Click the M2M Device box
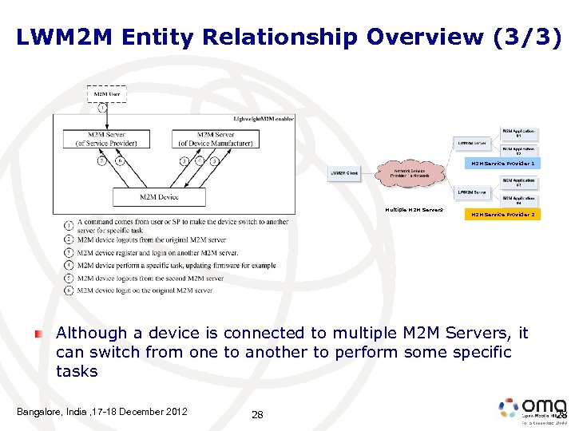[x=159, y=196]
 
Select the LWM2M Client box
[x=346, y=173]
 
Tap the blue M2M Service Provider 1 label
[x=503, y=163]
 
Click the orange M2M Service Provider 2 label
[x=503, y=215]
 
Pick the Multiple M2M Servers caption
[x=414, y=210]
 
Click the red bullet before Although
[x=38, y=333]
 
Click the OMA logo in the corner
[x=531, y=409]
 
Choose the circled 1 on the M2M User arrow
[x=101, y=108]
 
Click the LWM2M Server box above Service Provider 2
[x=473, y=192]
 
